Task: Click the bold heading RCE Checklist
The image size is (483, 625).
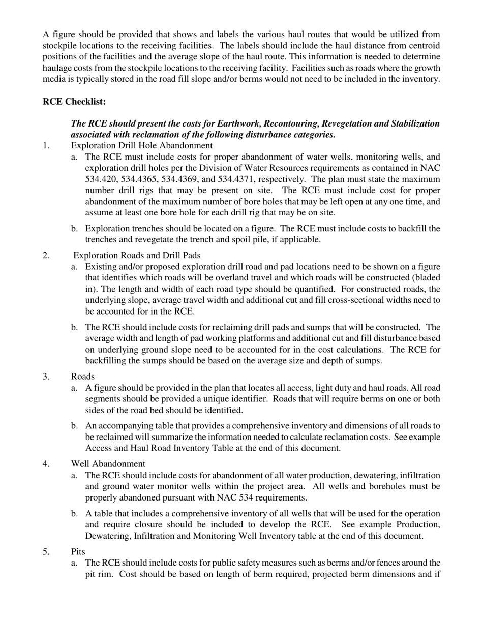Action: point(74,102)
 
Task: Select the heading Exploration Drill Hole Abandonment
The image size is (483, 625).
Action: point(142,145)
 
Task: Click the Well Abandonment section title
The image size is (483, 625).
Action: point(108,464)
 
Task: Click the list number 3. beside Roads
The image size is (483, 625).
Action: point(46,377)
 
